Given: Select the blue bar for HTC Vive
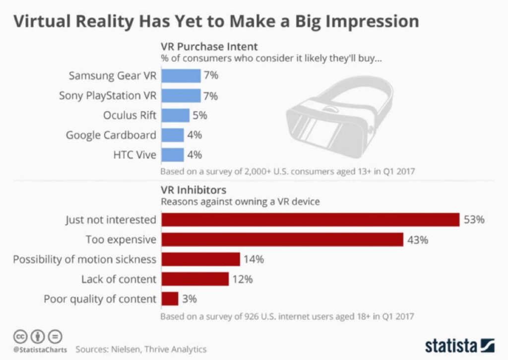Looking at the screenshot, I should coord(173,154).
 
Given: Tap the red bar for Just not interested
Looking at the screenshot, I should coord(311,219).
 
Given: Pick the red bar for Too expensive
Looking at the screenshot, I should coord(283,240).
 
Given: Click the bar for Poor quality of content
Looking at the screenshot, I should coord(170,299).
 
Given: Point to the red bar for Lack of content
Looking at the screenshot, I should coord(195,279).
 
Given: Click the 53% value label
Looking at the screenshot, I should coord(474,219).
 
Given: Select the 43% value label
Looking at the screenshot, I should coord(417,240).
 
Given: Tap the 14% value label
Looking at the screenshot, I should coord(254,259).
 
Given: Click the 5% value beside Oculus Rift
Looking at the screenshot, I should coord(200,115).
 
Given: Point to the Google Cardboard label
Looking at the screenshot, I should coord(111,135).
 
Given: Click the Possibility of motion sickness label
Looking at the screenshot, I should coord(84,259).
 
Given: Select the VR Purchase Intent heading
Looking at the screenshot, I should coord(209,47).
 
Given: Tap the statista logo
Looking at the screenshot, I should coord(459,345).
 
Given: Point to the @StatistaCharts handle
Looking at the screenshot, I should coord(40,349).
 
